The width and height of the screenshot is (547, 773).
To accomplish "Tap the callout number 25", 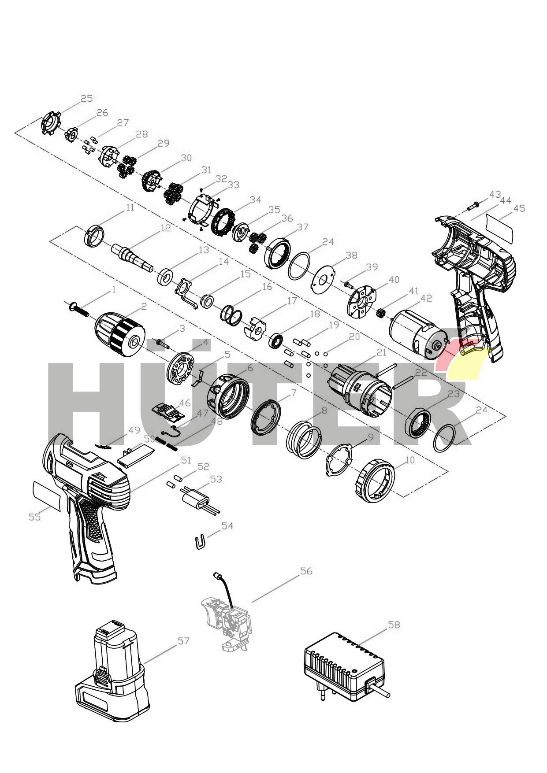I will coord(87,98).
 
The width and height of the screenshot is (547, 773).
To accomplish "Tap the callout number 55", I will coord(34,517).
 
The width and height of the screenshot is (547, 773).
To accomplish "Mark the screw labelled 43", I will coord(474,204).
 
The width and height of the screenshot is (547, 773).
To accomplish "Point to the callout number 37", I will coord(302,227).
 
